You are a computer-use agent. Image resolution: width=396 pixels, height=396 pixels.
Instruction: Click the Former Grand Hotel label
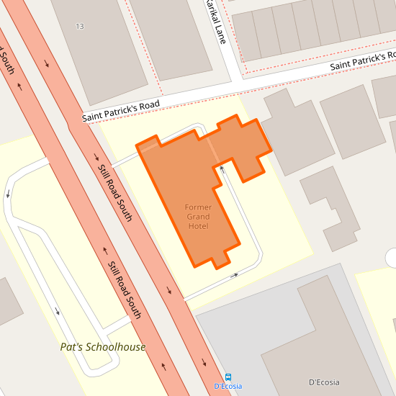point(198,217)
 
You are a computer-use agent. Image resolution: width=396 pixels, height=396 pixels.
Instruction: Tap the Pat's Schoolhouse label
point(102,347)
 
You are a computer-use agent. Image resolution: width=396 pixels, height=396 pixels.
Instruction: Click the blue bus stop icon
point(228,377)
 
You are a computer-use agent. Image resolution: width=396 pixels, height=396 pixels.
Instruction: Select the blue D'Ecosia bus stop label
point(228,387)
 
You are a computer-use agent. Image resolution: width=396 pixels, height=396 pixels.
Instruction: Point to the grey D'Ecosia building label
point(323,382)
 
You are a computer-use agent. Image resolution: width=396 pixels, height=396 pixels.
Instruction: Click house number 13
point(79,26)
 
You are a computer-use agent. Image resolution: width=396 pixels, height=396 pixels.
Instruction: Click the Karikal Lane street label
point(215,22)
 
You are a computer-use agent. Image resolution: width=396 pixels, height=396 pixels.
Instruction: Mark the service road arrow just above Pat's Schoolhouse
point(58,312)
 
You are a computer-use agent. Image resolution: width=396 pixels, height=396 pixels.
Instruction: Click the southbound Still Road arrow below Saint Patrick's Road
point(96,157)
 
